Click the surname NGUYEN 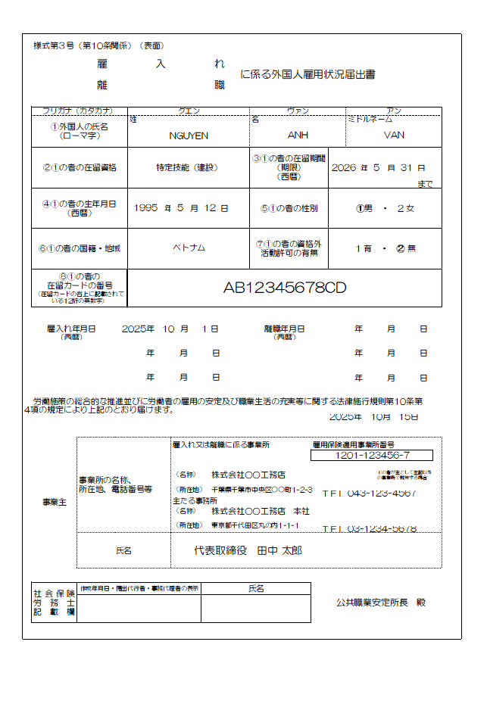point(189,136)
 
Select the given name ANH point(298,136)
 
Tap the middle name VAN point(395,136)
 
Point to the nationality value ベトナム point(189,248)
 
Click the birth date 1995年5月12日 point(180,207)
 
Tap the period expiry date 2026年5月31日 point(378,167)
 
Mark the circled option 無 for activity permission point(406,248)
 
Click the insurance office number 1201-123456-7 point(371,455)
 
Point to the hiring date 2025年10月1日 point(170,329)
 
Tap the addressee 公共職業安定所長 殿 point(381,603)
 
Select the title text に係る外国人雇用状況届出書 point(307,74)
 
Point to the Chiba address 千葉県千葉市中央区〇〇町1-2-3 point(261,491)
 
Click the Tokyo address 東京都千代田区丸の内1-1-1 point(254,525)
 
